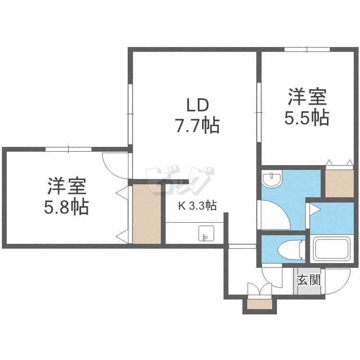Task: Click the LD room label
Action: point(197,105)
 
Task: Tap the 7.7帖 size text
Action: point(197,126)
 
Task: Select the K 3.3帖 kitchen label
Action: point(197,206)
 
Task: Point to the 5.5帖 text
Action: point(307,118)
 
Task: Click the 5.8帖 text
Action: point(66,207)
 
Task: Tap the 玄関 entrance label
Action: point(308,280)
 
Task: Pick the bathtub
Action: point(333,249)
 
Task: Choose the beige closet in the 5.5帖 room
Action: point(339,181)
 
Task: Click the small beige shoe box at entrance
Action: point(259,304)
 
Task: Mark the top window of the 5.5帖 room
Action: point(307,49)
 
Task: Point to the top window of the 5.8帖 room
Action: point(68,149)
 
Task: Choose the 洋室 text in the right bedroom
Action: point(307,97)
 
